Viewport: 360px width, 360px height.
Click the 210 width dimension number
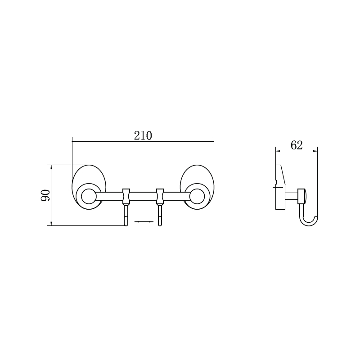pyautogui.click(x=143, y=136)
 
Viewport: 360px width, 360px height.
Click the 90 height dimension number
pyautogui.click(x=45, y=195)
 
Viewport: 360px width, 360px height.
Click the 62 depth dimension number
pyautogui.click(x=297, y=145)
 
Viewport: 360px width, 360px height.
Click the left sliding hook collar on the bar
pyautogui.click(x=126, y=196)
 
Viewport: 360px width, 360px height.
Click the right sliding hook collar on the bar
pyautogui.click(x=160, y=196)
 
